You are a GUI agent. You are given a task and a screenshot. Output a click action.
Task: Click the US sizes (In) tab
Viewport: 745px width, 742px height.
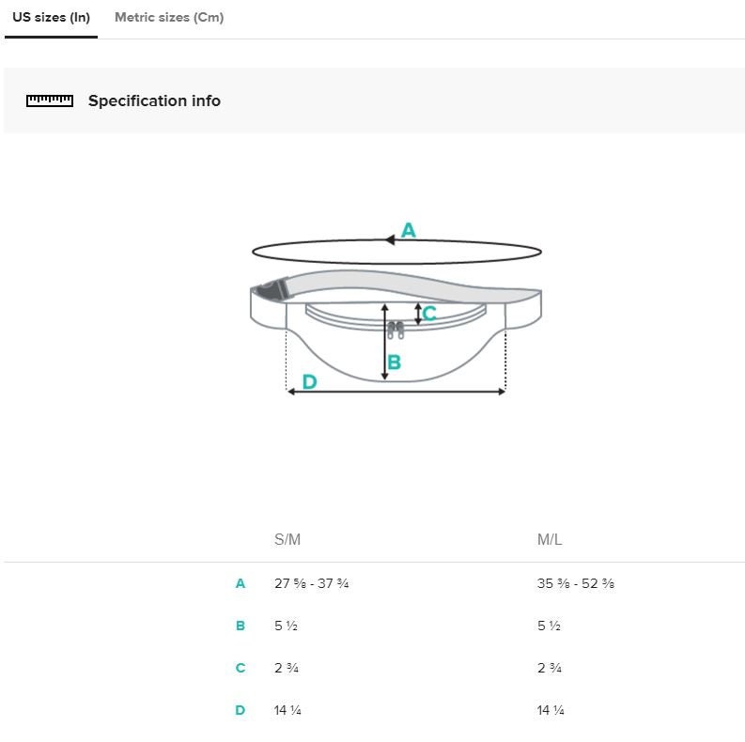click(51, 18)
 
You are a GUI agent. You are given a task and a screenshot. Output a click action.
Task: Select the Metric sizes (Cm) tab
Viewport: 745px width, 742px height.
click(169, 18)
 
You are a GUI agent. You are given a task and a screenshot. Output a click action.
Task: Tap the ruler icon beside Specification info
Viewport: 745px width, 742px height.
click(50, 100)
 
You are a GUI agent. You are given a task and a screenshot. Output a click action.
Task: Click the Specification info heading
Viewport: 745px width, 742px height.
click(154, 100)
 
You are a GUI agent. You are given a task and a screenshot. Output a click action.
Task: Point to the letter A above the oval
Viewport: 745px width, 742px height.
click(409, 230)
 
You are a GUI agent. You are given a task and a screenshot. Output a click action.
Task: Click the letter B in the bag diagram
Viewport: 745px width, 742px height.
click(395, 363)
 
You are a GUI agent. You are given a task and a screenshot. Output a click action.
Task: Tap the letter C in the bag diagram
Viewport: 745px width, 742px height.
click(429, 314)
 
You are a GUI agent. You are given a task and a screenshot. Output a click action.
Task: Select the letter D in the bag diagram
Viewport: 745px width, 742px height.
click(309, 382)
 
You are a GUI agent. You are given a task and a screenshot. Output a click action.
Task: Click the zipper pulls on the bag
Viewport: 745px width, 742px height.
click(396, 331)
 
